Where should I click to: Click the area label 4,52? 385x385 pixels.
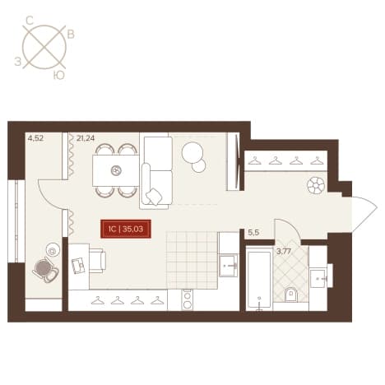(x=35, y=138)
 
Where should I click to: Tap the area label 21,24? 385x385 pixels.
(x=86, y=138)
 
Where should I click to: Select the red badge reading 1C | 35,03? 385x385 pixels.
(x=126, y=229)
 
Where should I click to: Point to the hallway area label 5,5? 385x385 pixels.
(x=253, y=233)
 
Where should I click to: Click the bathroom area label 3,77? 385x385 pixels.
(x=284, y=252)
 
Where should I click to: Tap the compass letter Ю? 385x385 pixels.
(x=59, y=75)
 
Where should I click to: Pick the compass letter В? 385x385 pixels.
(x=71, y=35)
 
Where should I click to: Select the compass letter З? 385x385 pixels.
(x=18, y=62)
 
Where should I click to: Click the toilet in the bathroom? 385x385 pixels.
(x=291, y=295)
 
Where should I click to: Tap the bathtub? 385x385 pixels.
(x=259, y=279)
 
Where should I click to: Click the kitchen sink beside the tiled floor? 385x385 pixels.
(x=228, y=265)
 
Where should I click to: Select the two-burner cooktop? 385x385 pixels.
(x=187, y=300)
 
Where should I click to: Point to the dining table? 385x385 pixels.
(x=116, y=170)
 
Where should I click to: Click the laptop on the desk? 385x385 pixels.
(x=78, y=265)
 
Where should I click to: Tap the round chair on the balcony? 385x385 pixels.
(x=45, y=269)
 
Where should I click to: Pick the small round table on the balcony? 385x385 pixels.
(x=53, y=250)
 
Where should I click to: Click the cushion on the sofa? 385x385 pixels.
(x=154, y=196)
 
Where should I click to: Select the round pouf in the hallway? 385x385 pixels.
(x=316, y=186)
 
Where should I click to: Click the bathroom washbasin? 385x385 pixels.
(x=318, y=278)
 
